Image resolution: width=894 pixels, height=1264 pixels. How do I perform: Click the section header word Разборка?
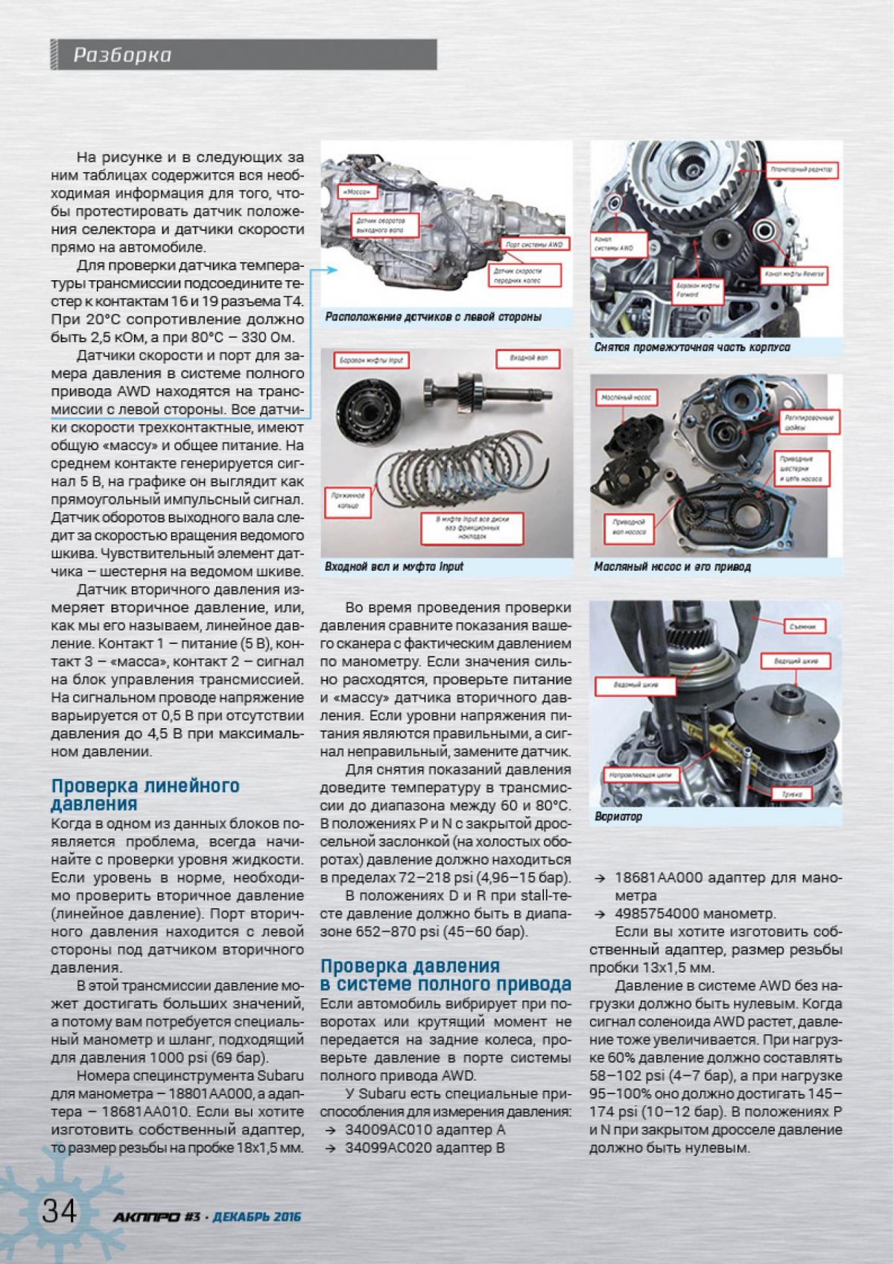(123, 56)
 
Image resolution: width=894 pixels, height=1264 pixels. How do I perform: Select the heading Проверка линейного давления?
(145, 795)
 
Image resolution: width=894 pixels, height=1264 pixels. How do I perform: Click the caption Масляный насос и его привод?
(672, 567)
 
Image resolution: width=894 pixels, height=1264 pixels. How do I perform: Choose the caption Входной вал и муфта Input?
(394, 567)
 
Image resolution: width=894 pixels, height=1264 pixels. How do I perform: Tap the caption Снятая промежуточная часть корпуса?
(692, 347)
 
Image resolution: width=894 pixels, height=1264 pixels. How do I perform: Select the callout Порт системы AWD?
(533, 244)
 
